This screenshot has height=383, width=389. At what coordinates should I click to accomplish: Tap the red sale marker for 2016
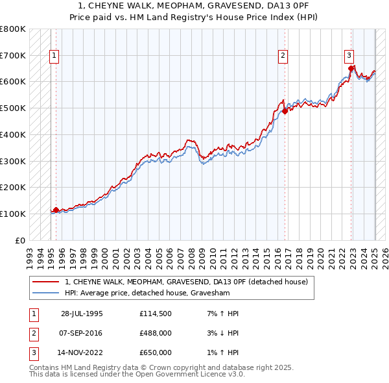[x=285, y=111]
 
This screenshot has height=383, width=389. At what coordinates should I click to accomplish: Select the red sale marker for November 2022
[x=351, y=68]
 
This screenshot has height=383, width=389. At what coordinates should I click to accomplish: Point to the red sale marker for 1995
[x=56, y=210]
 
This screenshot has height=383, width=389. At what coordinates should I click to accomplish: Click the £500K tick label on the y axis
[x=13, y=108]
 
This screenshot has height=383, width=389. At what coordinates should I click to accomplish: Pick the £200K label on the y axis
[x=13, y=187]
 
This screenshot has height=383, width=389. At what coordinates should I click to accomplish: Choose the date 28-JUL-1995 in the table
[x=82, y=314]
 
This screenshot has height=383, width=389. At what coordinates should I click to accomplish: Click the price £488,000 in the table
[x=156, y=333]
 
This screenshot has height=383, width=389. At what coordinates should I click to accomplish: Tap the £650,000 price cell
[x=156, y=352]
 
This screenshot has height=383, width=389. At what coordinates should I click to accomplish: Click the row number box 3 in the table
[x=33, y=352]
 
